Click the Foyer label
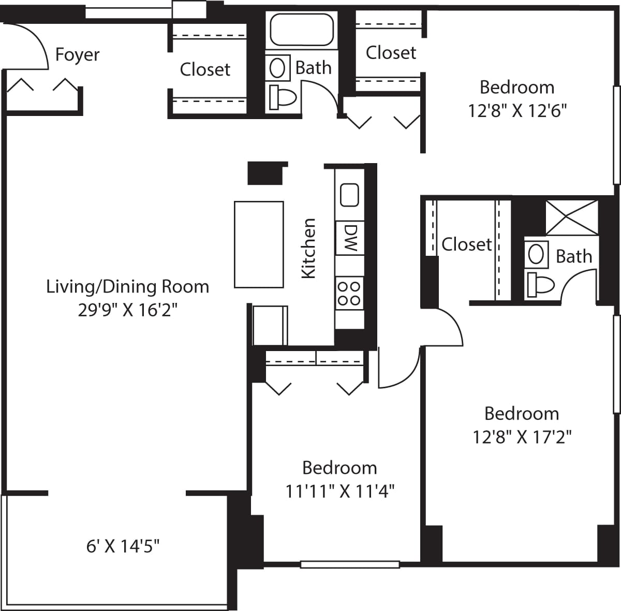tap(77, 54)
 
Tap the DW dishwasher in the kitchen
tap(350, 238)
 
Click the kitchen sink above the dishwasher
tap(349, 195)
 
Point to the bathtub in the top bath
tap(302, 31)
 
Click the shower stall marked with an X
tap(572, 217)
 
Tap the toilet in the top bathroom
tap(282, 97)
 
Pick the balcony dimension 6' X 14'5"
tap(123, 546)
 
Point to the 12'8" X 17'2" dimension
tap(522, 437)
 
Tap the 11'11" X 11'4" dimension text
tap(340, 491)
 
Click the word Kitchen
tap(308, 248)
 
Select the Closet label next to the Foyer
tap(205, 69)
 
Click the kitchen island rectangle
tap(259, 244)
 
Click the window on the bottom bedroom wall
tap(350, 564)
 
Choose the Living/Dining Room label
tap(128, 286)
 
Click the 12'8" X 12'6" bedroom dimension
tap(517, 111)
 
